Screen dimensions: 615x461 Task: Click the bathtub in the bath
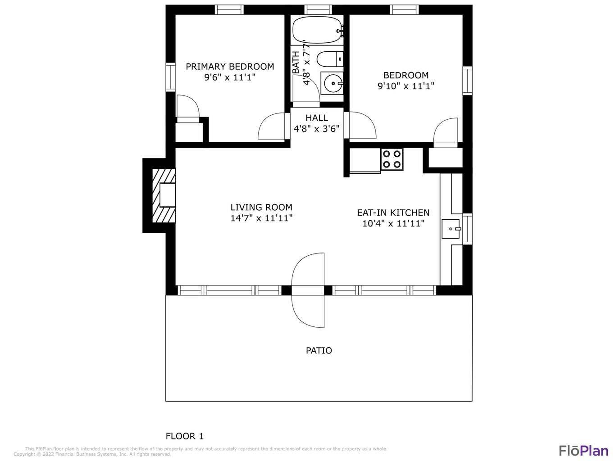318,30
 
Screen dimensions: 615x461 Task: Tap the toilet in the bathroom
330,59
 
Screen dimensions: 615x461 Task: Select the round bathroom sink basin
333,83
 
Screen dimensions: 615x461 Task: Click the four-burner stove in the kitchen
392,159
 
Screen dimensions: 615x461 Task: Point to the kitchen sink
451,229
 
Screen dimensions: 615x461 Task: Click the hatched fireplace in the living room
164,195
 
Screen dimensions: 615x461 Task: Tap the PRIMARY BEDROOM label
230,67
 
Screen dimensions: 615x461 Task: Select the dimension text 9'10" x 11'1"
405,86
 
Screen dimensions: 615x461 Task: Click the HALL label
317,118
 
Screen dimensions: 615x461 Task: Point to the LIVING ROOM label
261,207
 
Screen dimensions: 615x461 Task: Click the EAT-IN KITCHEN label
393,213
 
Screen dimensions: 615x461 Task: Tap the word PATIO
319,350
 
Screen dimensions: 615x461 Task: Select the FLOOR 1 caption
185,436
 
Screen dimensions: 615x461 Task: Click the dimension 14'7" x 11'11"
261,218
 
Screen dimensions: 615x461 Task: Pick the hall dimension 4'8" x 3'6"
316,128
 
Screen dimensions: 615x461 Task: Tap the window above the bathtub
318,9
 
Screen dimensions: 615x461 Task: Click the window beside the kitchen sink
467,229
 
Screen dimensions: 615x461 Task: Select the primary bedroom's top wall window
229,9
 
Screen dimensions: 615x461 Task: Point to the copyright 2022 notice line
92,454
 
